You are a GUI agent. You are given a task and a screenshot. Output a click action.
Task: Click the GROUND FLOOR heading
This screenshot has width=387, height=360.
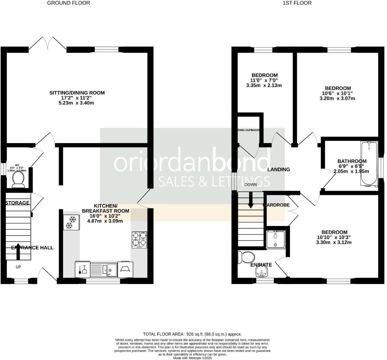pyautogui.click(x=69, y=3)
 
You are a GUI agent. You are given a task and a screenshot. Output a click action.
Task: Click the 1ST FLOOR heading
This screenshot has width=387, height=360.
pyautogui.click(x=297, y=3)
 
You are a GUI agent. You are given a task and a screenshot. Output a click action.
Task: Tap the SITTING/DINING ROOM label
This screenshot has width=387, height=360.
pyautogui.click(x=77, y=93)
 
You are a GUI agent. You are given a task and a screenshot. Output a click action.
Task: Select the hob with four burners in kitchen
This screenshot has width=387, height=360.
pyautogui.click(x=139, y=240)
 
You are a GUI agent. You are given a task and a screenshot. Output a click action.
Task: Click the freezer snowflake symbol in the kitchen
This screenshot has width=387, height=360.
pyautogui.click(x=71, y=222)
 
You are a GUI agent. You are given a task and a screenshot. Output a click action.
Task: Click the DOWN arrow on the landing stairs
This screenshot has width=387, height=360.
pyautogui.click(x=251, y=200)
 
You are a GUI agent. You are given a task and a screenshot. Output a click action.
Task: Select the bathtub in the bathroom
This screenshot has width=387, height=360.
pyautogui.click(x=369, y=163)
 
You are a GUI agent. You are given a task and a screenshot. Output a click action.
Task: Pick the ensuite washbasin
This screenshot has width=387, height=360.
pyautogui.click(x=262, y=272)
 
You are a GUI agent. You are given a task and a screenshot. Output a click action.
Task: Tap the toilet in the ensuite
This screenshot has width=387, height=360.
pyautogui.click(x=246, y=257)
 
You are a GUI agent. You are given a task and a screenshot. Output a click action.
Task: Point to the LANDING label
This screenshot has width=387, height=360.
pyautogui.click(x=279, y=169)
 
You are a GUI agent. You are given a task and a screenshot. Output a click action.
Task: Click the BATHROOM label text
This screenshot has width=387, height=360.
pyautogui.click(x=352, y=161)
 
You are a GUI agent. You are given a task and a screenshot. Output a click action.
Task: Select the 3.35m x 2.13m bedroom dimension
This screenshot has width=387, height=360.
pyautogui.click(x=264, y=86)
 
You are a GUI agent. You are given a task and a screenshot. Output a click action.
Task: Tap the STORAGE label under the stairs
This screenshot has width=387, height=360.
pyautogui.click(x=17, y=203)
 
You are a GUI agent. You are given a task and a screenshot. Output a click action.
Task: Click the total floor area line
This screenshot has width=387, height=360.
pyautogui.click(x=192, y=334)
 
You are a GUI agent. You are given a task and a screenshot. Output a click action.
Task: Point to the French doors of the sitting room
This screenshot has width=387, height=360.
pyautogui.click(x=47, y=44)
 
